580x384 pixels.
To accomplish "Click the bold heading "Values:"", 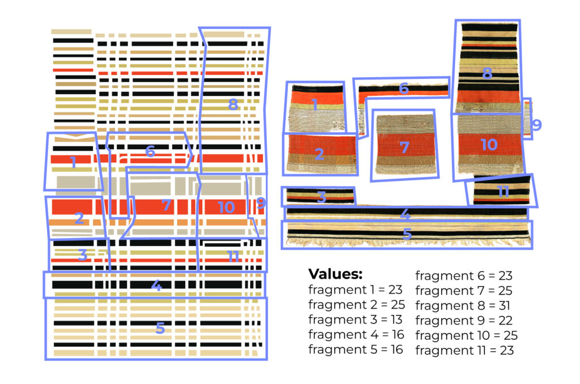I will (335, 275).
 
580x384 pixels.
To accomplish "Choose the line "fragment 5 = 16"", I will (355, 349).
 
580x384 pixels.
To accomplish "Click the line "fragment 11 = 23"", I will (464, 350).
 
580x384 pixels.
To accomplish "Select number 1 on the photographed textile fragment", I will (314, 104).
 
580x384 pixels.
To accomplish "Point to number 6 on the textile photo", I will (403, 89).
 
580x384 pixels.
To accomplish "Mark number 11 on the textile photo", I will (503, 192).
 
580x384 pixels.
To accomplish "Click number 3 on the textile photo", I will (321, 197).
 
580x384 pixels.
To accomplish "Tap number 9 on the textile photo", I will (536, 124).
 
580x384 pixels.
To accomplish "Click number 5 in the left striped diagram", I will (160, 328).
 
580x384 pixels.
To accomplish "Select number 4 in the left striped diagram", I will (156, 286).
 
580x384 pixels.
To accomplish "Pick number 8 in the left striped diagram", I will (233, 104).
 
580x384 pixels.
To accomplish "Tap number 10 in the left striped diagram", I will (226, 207).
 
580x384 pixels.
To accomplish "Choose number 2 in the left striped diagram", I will (79, 218).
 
